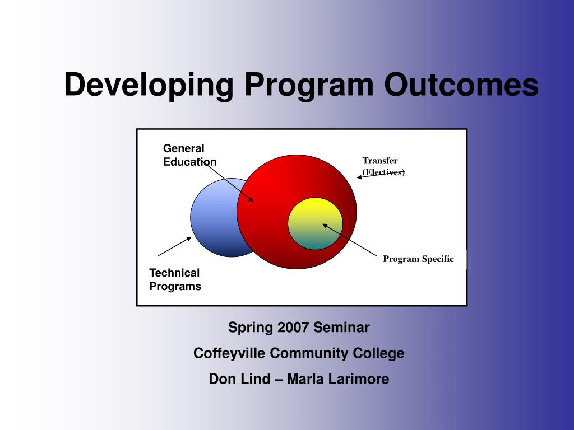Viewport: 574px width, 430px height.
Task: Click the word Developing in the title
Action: [149, 86]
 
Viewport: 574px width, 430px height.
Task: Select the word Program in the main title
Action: [309, 86]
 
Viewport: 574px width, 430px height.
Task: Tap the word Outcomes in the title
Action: [461, 85]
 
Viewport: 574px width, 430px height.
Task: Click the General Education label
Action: [189, 155]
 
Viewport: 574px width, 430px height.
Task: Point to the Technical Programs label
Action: [175, 279]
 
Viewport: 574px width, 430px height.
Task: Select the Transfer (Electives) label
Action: [383, 166]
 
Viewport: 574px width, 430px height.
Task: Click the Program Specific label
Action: [418, 259]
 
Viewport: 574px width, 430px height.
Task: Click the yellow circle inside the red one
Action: [315, 224]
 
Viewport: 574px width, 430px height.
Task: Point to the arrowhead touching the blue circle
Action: [189, 239]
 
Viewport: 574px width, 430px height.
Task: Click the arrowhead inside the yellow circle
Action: [325, 226]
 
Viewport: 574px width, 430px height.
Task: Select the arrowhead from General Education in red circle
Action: [251, 199]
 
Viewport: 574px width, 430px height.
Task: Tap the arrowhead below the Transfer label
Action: [359, 177]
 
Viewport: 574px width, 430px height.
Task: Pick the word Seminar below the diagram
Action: [341, 327]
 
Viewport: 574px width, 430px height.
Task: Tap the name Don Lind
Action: [239, 379]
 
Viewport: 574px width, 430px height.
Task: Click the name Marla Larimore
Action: [338, 379]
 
